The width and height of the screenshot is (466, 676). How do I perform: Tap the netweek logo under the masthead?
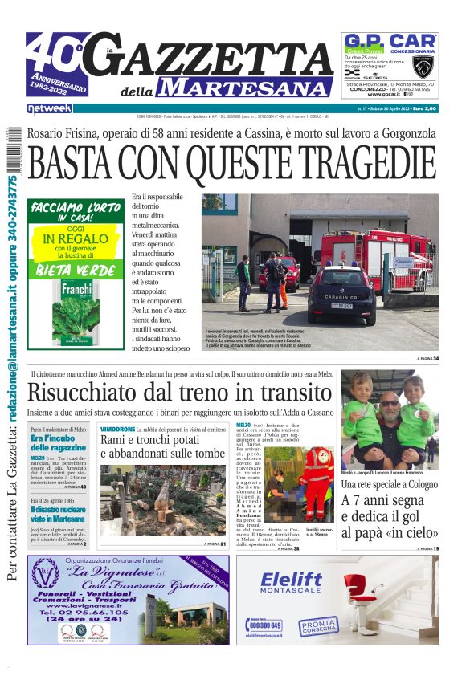50,108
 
